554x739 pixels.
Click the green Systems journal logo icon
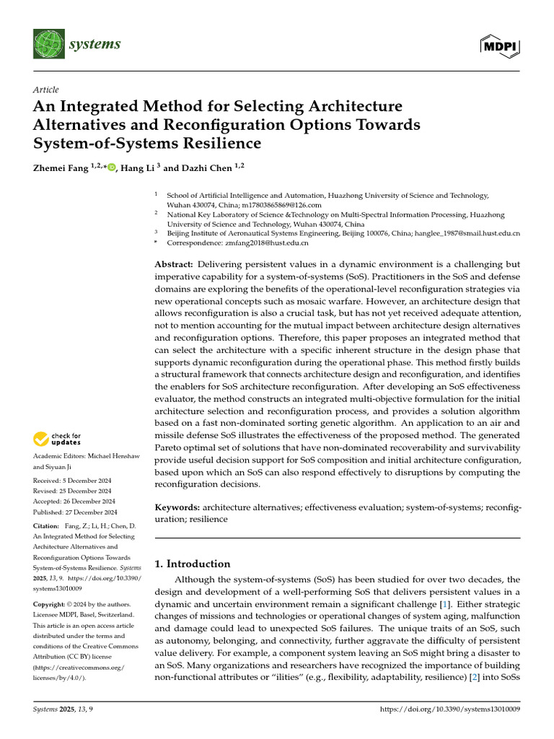48,45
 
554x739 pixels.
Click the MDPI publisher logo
500,46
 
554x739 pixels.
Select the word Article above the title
46,89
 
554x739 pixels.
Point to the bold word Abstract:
174,264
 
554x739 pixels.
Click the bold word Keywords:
177,507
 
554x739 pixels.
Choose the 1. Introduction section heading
193,564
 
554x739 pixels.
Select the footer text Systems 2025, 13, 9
63,710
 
